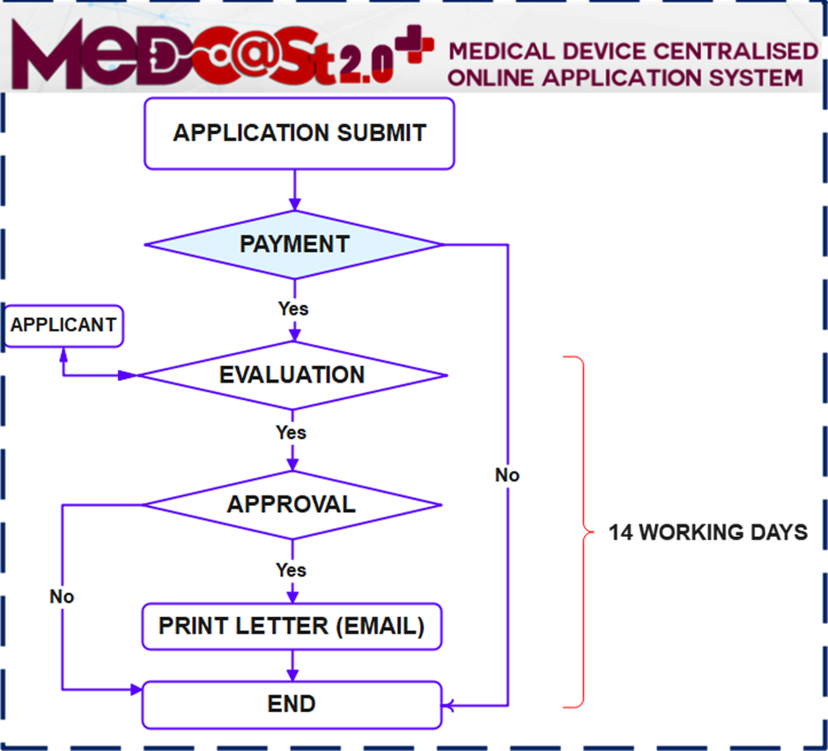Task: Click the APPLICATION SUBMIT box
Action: coord(299,133)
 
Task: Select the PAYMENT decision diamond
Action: coord(293,244)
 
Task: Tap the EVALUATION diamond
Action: coord(293,375)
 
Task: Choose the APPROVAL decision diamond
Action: coord(292,504)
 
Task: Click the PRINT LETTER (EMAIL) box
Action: coord(292,627)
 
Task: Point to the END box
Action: coord(292,704)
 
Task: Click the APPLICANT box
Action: coord(63,325)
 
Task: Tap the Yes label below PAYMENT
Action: coord(292,309)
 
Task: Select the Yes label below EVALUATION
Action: coord(291,433)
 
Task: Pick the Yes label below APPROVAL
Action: coord(291,570)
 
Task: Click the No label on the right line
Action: coord(507,476)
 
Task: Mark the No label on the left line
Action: coord(62,597)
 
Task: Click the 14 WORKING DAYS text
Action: coord(708,532)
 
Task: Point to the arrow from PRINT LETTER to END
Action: coord(292,665)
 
